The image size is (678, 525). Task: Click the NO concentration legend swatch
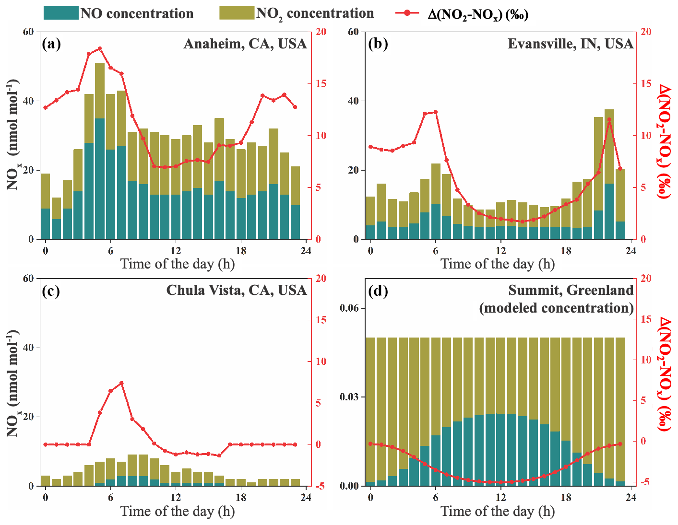(x=60, y=13)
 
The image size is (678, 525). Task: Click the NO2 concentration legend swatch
(x=237, y=13)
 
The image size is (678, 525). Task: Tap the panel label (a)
(x=51, y=44)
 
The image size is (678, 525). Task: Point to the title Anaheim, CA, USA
(x=245, y=44)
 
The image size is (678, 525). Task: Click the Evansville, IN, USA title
(x=571, y=44)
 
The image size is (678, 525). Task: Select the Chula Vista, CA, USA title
(x=236, y=291)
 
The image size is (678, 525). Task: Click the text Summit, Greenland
(x=571, y=291)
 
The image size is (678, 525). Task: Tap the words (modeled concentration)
(x=556, y=308)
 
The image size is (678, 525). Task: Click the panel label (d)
(x=378, y=291)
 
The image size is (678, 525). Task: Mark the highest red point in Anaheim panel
(x=100, y=48)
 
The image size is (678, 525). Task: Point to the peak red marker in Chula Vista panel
(x=121, y=383)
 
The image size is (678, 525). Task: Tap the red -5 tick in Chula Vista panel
(x=320, y=486)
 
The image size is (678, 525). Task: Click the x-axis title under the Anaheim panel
(x=178, y=264)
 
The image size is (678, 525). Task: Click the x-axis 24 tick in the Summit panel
(x=631, y=498)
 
